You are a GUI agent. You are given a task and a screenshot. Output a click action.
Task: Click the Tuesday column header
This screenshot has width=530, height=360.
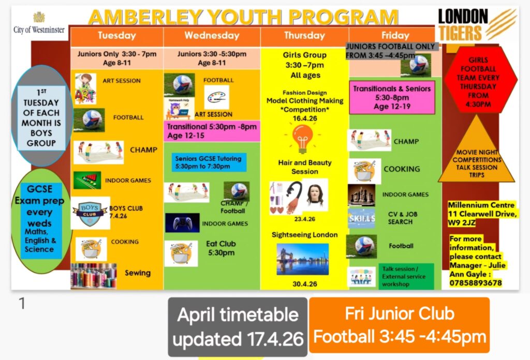pyautogui.click(x=116, y=36)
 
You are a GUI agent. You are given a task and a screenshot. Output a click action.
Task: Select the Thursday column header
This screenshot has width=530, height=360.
pyautogui.click(x=304, y=36)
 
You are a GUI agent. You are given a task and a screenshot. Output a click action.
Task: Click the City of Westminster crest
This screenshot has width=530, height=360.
pyautogui.click(x=39, y=18)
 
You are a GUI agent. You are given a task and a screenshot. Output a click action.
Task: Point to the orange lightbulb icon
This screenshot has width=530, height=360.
pyautogui.click(x=302, y=138)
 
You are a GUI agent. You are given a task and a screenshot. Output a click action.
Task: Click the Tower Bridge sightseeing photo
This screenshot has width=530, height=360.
pyautogui.click(x=302, y=259)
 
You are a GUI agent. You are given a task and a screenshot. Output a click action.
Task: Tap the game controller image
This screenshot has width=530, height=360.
pyautogui.click(x=182, y=222)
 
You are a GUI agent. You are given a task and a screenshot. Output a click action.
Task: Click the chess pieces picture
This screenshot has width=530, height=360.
pyautogui.click(x=361, y=195)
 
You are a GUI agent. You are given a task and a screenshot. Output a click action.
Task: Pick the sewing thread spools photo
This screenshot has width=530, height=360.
pyautogui.click(x=94, y=276)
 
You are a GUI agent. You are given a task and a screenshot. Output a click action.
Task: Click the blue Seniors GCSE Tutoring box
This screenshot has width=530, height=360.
pyautogui.click(x=209, y=162)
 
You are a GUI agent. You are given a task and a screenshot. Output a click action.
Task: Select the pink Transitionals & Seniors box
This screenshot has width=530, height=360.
pyautogui.click(x=392, y=98)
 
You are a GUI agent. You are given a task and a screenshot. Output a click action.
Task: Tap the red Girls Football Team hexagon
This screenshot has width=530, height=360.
pyautogui.click(x=478, y=81)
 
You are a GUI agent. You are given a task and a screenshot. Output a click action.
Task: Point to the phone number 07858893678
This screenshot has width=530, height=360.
pyautogui.click(x=476, y=283)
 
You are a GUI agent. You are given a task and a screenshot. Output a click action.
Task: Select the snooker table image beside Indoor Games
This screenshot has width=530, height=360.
pyautogui.click(x=87, y=180)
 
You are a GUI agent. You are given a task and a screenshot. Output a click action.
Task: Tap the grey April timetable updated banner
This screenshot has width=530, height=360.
pyautogui.click(x=238, y=327)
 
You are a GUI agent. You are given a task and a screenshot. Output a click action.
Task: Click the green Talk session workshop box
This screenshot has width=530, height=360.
pyautogui.click(x=406, y=277)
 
